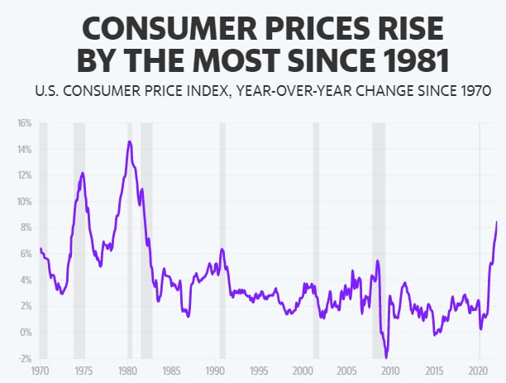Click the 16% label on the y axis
point(24,123)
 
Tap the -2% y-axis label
point(24,358)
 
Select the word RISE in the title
point(405,30)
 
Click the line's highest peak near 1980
point(130,141)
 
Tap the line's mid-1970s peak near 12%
point(83,173)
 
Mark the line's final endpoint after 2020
point(497,222)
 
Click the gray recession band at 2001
point(316,240)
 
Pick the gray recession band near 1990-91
point(222,240)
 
